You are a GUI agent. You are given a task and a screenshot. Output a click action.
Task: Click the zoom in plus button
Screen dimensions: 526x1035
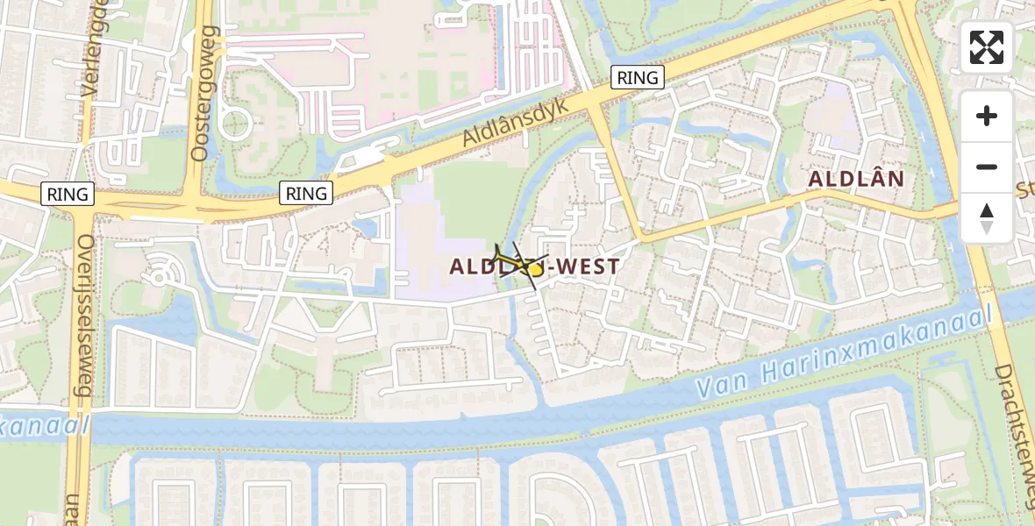click(x=987, y=116)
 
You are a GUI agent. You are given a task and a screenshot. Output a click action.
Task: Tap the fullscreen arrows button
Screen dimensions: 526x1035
click(x=987, y=47)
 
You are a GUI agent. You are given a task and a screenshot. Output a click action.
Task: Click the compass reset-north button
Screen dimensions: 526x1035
click(x=987, y=217)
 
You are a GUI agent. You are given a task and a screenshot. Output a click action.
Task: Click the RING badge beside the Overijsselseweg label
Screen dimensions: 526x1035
click(x=68, y=194)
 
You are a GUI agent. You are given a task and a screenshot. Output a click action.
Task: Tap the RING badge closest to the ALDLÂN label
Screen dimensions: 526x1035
click(x=638, y=77)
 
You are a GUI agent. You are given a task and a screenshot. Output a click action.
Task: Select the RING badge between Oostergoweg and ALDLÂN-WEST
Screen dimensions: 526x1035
click(x=306, y=193)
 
